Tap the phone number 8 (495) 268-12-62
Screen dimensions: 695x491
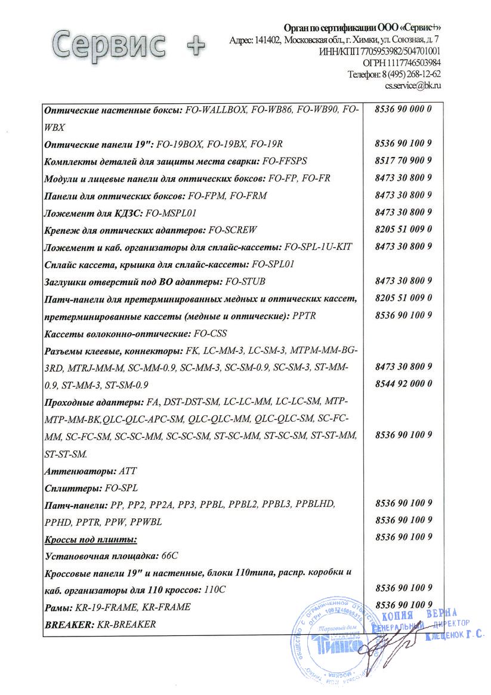(411, 75)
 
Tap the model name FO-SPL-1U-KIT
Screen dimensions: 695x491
(322, 246)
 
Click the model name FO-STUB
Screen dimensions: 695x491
(246, 281)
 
